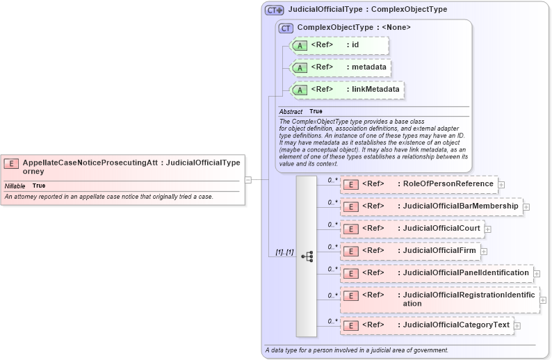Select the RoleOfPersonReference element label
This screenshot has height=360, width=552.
coord(445,184)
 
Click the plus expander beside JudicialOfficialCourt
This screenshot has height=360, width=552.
coord(488,229)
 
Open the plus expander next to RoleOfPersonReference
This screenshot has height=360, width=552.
coord(501,185)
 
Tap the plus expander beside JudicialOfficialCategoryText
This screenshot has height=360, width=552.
coord(517,325)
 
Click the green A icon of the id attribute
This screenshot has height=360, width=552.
coord(300,45)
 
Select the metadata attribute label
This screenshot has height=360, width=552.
coord(366,67)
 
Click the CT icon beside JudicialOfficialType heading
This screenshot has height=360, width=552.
coord(275,10)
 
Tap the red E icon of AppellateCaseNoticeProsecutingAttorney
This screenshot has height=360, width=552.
coord(11,163)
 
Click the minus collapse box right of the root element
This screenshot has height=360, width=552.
coord(247,179)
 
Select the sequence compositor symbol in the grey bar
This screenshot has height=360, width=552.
coord(307,256)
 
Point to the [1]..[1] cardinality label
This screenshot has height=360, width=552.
coord(281,252)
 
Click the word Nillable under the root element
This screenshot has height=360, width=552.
coord(15,186)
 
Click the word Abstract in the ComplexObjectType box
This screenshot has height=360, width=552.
coord(291,111)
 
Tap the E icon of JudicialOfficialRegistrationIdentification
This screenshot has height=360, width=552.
coord(352,295)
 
